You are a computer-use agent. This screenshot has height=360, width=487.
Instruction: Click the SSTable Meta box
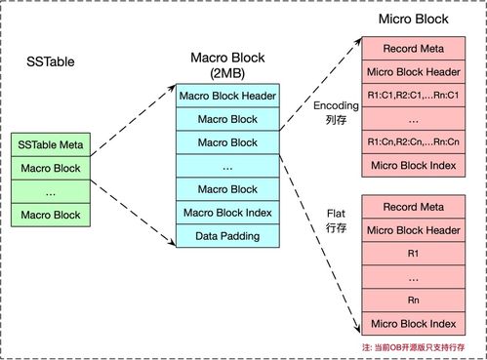pyautogui.click(x=51, y=144)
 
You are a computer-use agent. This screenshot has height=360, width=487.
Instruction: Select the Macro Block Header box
pyautogui.click(x=227, y=96)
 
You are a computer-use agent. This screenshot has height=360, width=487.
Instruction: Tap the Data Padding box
pyautogui.click(x=227, y=236)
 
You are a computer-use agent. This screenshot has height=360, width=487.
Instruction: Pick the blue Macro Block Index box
pyautogui.click(x=227, y=213)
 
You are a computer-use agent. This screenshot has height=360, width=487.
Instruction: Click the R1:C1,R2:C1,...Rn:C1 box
pyautogui.click(x=414, y=95)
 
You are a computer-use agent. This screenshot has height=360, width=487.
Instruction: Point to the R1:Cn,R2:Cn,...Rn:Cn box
pyautogui.click(x=414, y=141)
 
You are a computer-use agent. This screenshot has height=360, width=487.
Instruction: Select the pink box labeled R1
pyautogui.click(x=414, y=254)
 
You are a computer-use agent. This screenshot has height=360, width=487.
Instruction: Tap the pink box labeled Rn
pyautogui.click(x=414, y=300)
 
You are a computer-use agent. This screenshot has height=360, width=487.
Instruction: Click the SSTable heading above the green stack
pyautogui.click(x=51, y=61)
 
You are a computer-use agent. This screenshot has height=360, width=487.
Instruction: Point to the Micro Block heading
pyautogui.click(x=414, y=19)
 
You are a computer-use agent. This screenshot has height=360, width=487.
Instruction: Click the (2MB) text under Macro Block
pyautogui.click(x=227, y=73)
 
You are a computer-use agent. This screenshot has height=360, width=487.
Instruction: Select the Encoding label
pyautogui.click(x=336, y=105)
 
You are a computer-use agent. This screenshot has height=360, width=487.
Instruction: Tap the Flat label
pyautogui.click(x=336, y=214)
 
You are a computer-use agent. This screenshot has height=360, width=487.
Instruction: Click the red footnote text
pyautogui.click(x=414, y=347)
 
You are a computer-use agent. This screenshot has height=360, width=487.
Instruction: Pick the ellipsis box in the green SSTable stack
pyautogui.click(x=51, y=192)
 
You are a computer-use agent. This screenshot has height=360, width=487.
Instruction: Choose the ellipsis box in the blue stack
pyautogui.click(x=227, y=166)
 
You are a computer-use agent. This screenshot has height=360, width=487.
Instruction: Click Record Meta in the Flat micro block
pyautogui.click(x=414, y=207)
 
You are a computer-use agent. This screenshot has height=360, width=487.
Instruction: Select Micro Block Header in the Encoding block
pyautogui.click(x=414, y=72)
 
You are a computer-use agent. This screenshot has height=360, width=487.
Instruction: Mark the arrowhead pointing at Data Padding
pyautogui.click(x=172, y=242)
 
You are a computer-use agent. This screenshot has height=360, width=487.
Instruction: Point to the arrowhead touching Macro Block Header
pyautogui.click(x=172, y=88)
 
